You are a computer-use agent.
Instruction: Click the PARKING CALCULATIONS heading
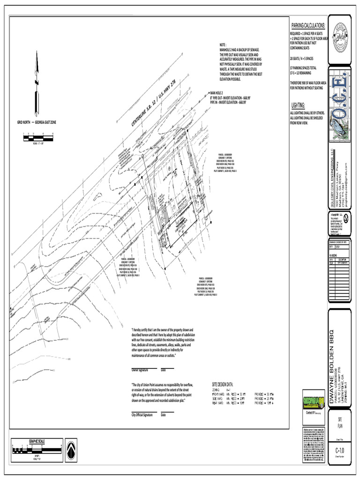pyautogui.click(x=308, y=25)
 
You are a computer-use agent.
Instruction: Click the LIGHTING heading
pyautogui.click(x=298, y=105)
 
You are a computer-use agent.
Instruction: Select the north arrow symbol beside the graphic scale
pyautogui.click(x=71, y=450)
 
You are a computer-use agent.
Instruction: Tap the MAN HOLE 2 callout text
pyautogui.click(x=217, y=93)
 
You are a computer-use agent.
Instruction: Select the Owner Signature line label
pyautogui.click(x=140, y=370)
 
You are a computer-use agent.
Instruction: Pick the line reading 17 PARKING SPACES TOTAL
pyautogui.click(x=303, y=67)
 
